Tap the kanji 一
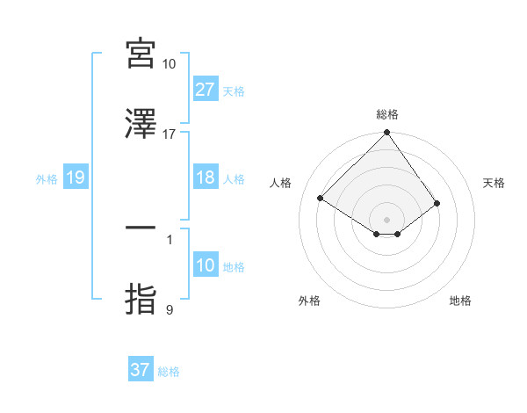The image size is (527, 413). pos(141,228)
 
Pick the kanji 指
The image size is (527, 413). pos(141,300)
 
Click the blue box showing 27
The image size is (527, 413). pos(206,90)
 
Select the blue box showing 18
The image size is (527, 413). pos(206,178)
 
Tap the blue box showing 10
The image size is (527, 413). pos(206,266)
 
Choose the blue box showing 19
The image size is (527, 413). pos(75,178)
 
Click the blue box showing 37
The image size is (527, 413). pos(141,370)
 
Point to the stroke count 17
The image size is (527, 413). pos(170,134)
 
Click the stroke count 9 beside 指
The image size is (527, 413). pos(170,309)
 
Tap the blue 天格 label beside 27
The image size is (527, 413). pos(234,91)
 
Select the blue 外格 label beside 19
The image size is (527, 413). pos(47,179)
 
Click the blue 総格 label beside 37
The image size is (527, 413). pos(169,371)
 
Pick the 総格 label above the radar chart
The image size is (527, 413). pos(387,114)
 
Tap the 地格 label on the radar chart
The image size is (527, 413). pos(460,301)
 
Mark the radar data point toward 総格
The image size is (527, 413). pos(386,134)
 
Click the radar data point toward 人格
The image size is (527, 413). pos(321,198)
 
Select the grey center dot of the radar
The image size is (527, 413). pos(386,219)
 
